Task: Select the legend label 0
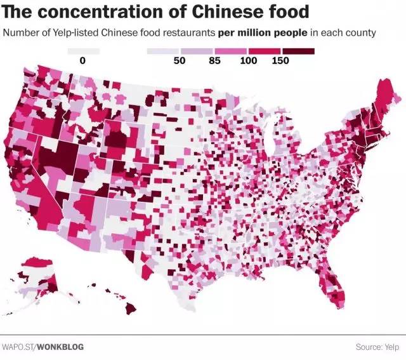click(83, 60)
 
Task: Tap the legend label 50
click(180, 60)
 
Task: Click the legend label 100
click(249, 60)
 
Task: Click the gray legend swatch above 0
click(83, 50)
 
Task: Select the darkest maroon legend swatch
click(299, 50)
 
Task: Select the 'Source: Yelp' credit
click(377, 347)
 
